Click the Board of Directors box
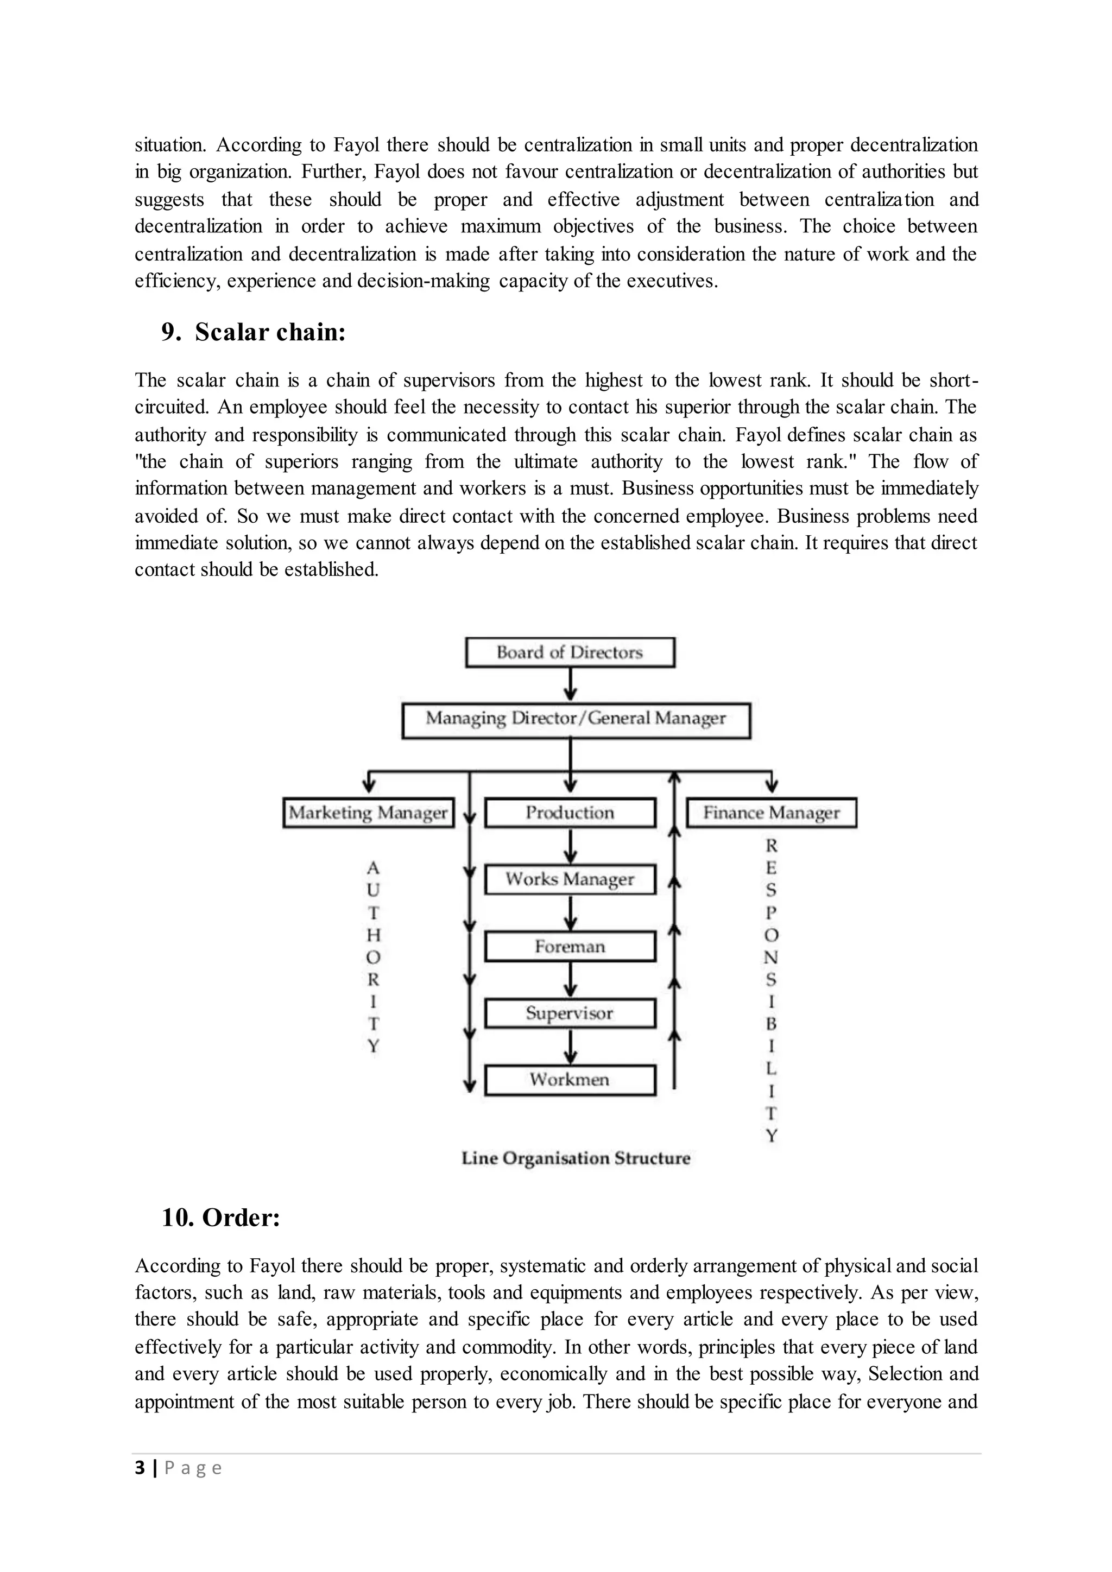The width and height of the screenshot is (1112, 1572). (570, 652)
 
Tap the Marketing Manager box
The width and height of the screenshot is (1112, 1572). (368, 813)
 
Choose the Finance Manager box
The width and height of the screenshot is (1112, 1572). (771, 813)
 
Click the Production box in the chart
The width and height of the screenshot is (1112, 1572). (570, 813)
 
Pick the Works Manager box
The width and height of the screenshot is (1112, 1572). (570, 879)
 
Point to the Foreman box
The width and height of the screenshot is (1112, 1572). (570, 947)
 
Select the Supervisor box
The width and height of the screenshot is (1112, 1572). (570, 1013)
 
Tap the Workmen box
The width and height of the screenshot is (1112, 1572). (570, 1080)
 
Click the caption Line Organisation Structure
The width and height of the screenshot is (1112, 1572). (576, 1158)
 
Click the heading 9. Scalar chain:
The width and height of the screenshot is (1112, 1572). (254, 332)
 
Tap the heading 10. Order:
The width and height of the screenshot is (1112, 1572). (220, 1218)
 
